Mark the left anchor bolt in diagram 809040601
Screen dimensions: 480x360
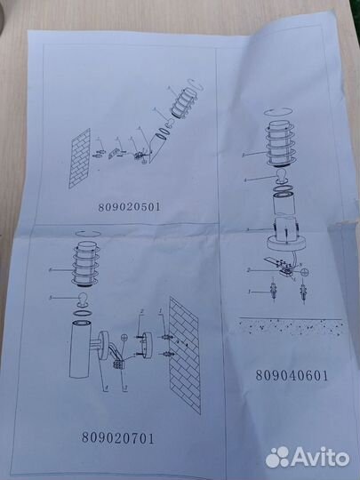pos(252,292)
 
